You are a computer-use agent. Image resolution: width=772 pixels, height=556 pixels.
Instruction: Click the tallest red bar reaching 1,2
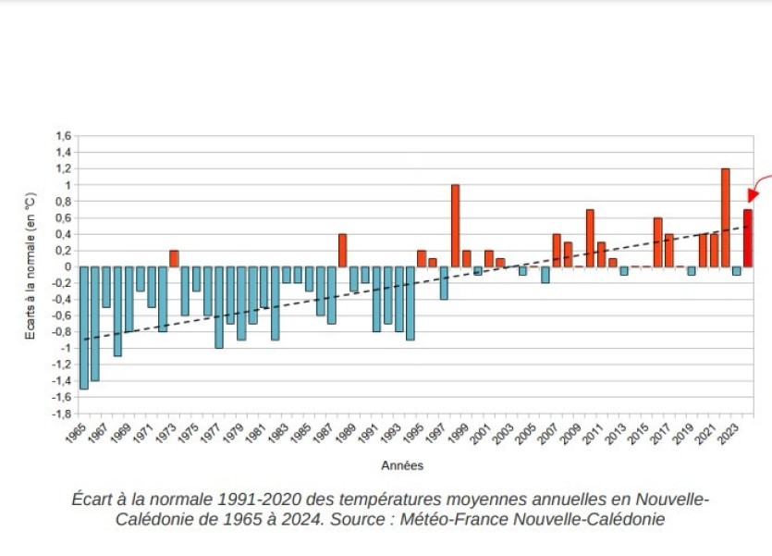pos(725,217)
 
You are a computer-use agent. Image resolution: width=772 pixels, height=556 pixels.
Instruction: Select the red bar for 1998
pos(455,226)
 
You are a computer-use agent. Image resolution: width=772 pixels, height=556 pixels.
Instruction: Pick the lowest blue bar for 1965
pos(84,327)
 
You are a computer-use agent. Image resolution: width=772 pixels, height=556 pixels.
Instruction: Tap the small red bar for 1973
pos(174,258)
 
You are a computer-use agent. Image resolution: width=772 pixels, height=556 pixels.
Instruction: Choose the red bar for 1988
pos(342,250)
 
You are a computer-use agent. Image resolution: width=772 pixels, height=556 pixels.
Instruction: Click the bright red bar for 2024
pos(747,238)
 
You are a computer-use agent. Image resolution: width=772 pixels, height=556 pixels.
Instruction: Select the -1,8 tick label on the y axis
pos(60,414)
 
